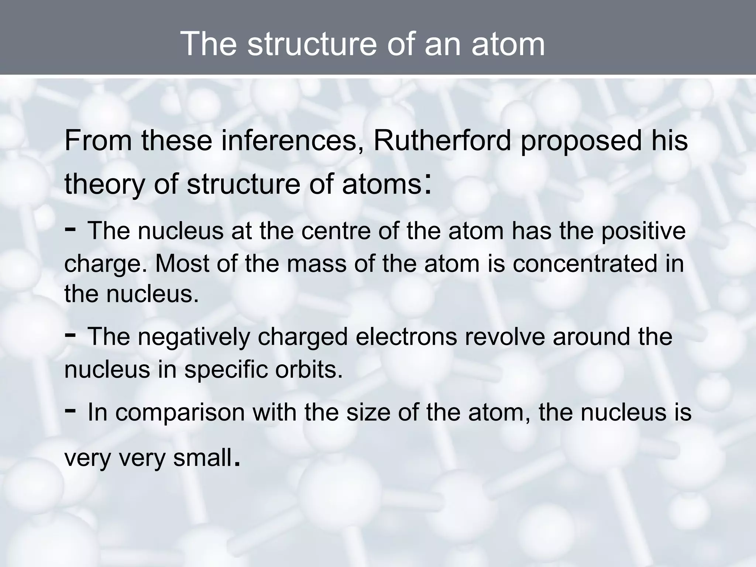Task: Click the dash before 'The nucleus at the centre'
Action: pos(71,229)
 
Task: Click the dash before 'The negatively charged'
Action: pos(71,334)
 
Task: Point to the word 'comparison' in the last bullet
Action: pos(180,412)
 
